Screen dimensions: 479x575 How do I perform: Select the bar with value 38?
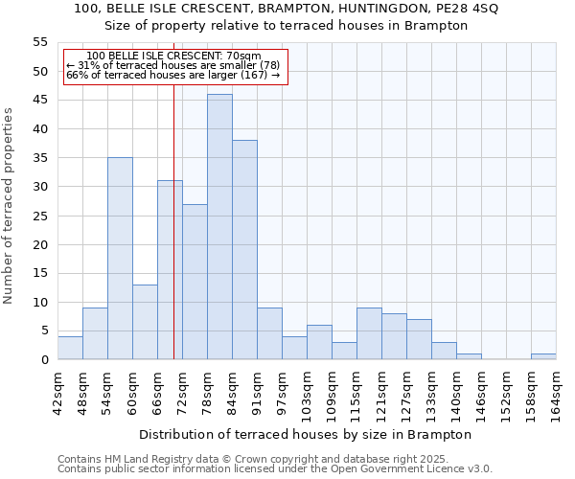[x=244, y=250]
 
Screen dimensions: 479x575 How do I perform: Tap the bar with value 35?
[x=120, y=259]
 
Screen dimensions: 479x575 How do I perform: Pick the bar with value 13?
[x=145, y=322]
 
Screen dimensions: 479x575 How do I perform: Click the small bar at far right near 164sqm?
[x=543, y=356]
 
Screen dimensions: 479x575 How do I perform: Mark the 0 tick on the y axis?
[x=44, y=360]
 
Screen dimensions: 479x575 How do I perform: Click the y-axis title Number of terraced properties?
[x=9, y=205]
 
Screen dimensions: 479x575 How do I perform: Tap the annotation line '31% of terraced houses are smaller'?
[x=172, y=65]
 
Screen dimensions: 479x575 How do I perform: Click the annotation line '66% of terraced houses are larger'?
[x=172, y=75]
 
